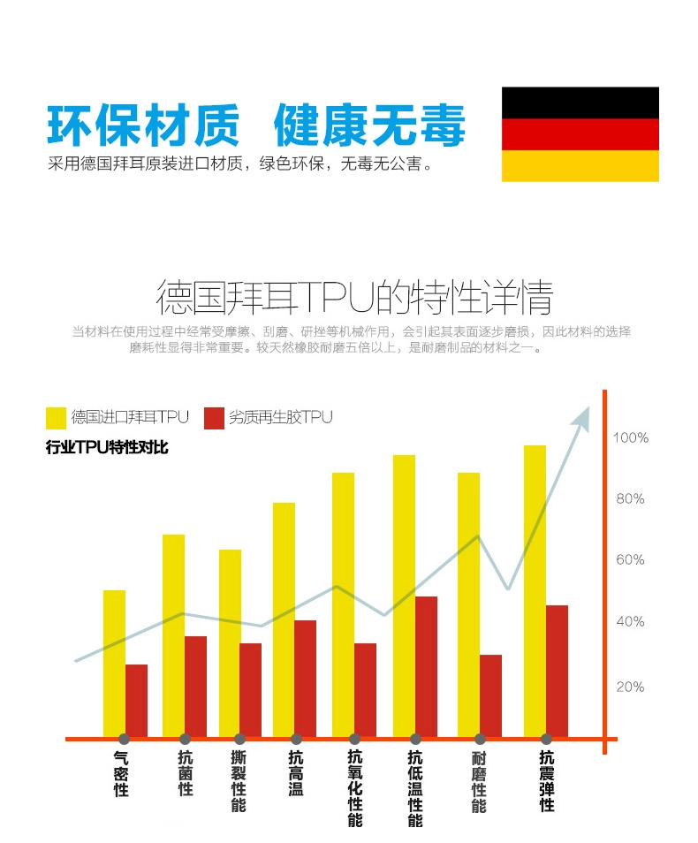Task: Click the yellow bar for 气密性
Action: click(x=114, y=663)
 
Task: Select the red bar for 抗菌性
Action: click(x=195, y=686)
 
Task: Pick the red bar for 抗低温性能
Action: click(x=426, y=666)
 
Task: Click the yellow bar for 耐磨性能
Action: click(x=468, y=604)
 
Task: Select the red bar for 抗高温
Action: click(x=305, y=678)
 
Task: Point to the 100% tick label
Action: click(x=631, y=437)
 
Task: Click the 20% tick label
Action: click(x=630, y=687)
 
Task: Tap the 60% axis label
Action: click(x=630, y=559)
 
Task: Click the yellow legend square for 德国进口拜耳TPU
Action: click(x=56, y=417)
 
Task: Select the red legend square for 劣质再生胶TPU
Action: click(x=214, y=417)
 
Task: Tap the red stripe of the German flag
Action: click(x=580, y=134)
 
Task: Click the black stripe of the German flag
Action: click(x=580, y=103)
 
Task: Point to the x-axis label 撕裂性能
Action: click(x=239, y=781)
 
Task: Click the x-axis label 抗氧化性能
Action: click(x=355, y=788)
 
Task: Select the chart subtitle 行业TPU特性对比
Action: click(x=107, y=447)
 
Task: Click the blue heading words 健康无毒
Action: click(x=368, y=125)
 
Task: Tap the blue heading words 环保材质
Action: click(x=142, y=125)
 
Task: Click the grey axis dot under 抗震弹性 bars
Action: click(x=546, y=739)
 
